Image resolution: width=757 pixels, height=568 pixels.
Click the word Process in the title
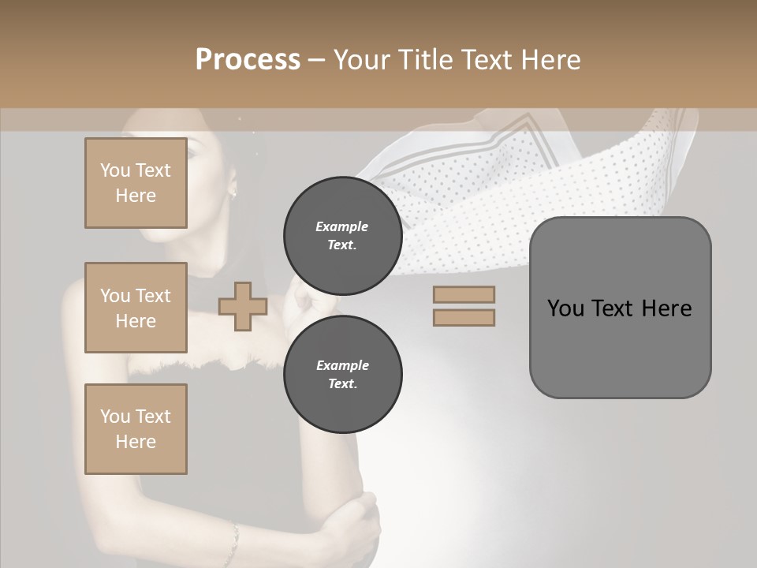coord(248,60)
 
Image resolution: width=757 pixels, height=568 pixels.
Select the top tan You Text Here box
coord(136,183)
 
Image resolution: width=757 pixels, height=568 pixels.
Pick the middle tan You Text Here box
coord(136,308)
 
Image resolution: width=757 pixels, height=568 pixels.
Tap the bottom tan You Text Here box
coord(136,429)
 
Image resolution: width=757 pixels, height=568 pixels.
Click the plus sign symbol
coord(242,306)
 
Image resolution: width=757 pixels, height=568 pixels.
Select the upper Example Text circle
coord(342,236)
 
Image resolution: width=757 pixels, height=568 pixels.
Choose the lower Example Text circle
coord(342,375)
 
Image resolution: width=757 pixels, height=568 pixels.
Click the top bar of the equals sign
coord(464,295)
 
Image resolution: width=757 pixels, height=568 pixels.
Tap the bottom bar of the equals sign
coord(464,317)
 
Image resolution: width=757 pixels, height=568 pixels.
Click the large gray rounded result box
coord(620,308)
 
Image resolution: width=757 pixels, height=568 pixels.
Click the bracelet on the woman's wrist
coord(233,540)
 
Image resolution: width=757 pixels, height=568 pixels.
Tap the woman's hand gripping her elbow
coord(359,521)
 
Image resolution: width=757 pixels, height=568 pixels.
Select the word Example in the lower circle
coord(342,365)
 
